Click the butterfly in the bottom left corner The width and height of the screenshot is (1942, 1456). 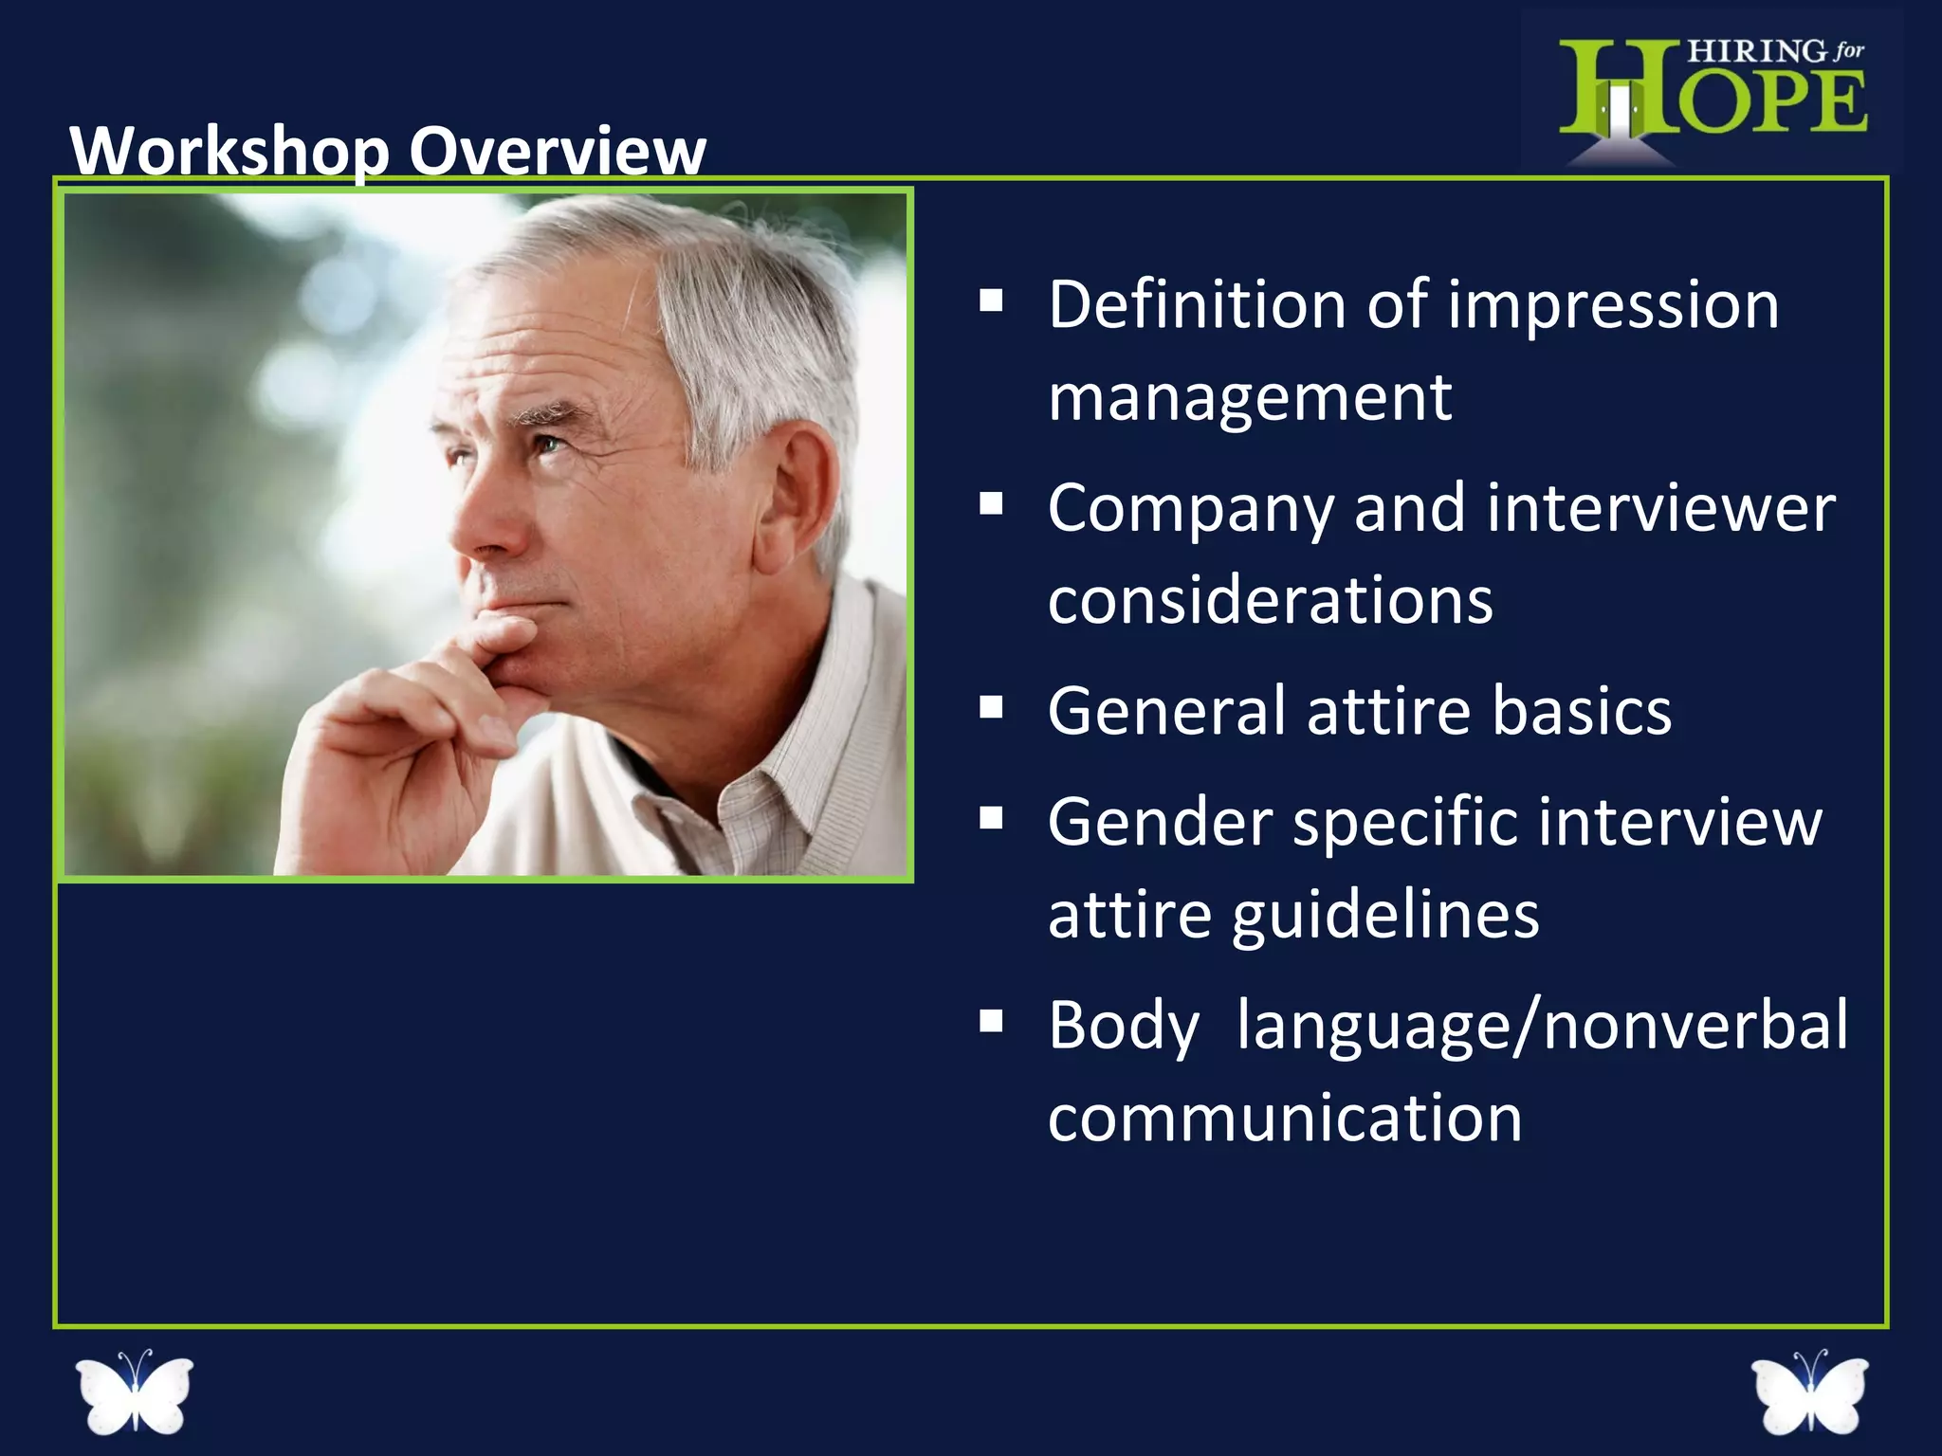point(135,1392)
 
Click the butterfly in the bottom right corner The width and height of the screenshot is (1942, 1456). point(1809,1392)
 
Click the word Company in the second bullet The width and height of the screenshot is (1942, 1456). point(1191,510)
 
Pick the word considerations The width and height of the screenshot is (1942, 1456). point(1271,601)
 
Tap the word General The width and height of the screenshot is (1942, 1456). point(1167,711)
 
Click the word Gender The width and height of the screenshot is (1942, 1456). point(1160,822)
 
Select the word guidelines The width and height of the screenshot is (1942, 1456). point(1385,916)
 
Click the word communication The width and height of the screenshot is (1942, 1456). point(1285,1119)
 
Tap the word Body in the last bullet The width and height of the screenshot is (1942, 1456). point(1124,1027)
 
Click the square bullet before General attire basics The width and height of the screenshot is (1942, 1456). point(992,708)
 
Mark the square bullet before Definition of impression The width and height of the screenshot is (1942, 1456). point(992,301)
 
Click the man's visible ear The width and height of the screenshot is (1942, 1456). point(799,493)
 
